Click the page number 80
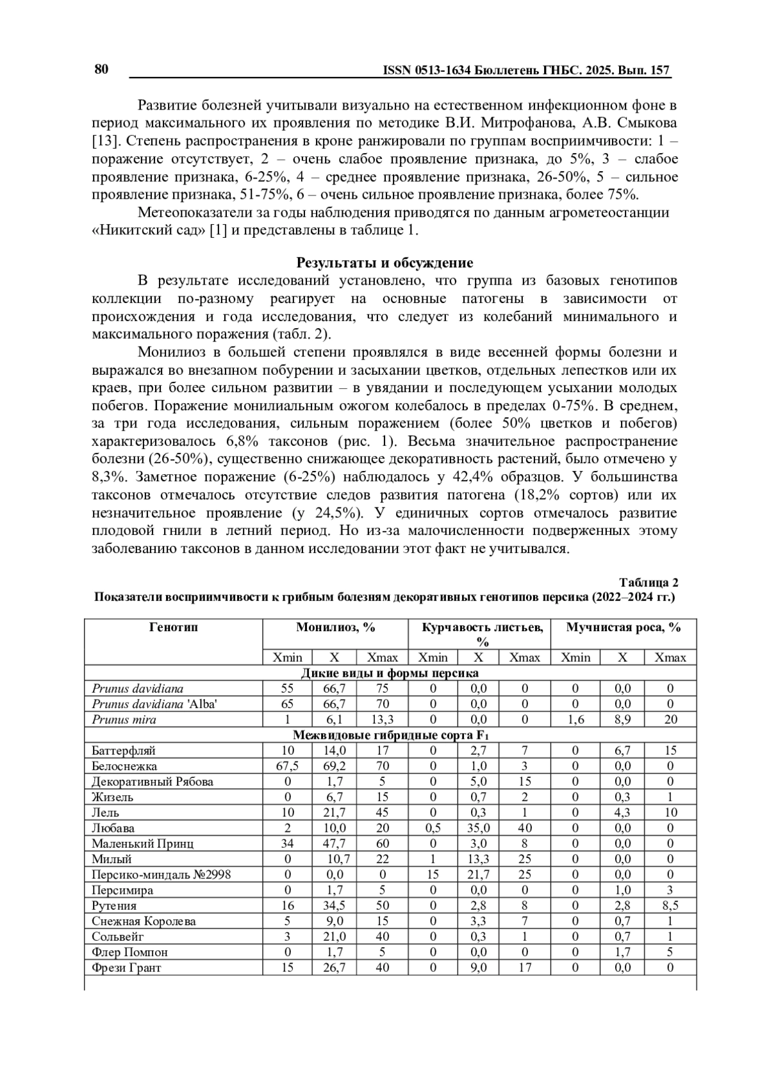pyautogui.click(x=102, y=69)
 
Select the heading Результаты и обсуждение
pyautogui.click(x=384, y=263)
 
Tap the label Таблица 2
pyautogui.click(x=649, y=582)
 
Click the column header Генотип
pyautogui.click(x=174, y=627)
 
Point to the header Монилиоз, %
pyautogui.click(x=335, y=627)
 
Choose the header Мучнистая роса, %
pyautogui.click(x=623, y=627)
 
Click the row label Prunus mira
pyautogui.click(x=124, y=720)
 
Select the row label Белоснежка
pyautogui.click(x=124, y=766)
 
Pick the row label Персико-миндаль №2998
pyautogui.click(x=161, y=875)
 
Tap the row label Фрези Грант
pyautogui.click(x=126, y=968)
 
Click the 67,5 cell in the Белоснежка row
pyautogui.click(x=287, y=766)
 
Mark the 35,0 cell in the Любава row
pyautogui.click(x=478, y=828)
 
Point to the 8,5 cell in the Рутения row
pyautogui.click(x=670, y=905)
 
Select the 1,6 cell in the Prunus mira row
pyautogui.click(x=575, y=720)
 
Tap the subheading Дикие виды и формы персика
pyautogui.click(x=390, y=673)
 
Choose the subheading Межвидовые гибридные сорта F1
pyautogui.click(x=390, y=735)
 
